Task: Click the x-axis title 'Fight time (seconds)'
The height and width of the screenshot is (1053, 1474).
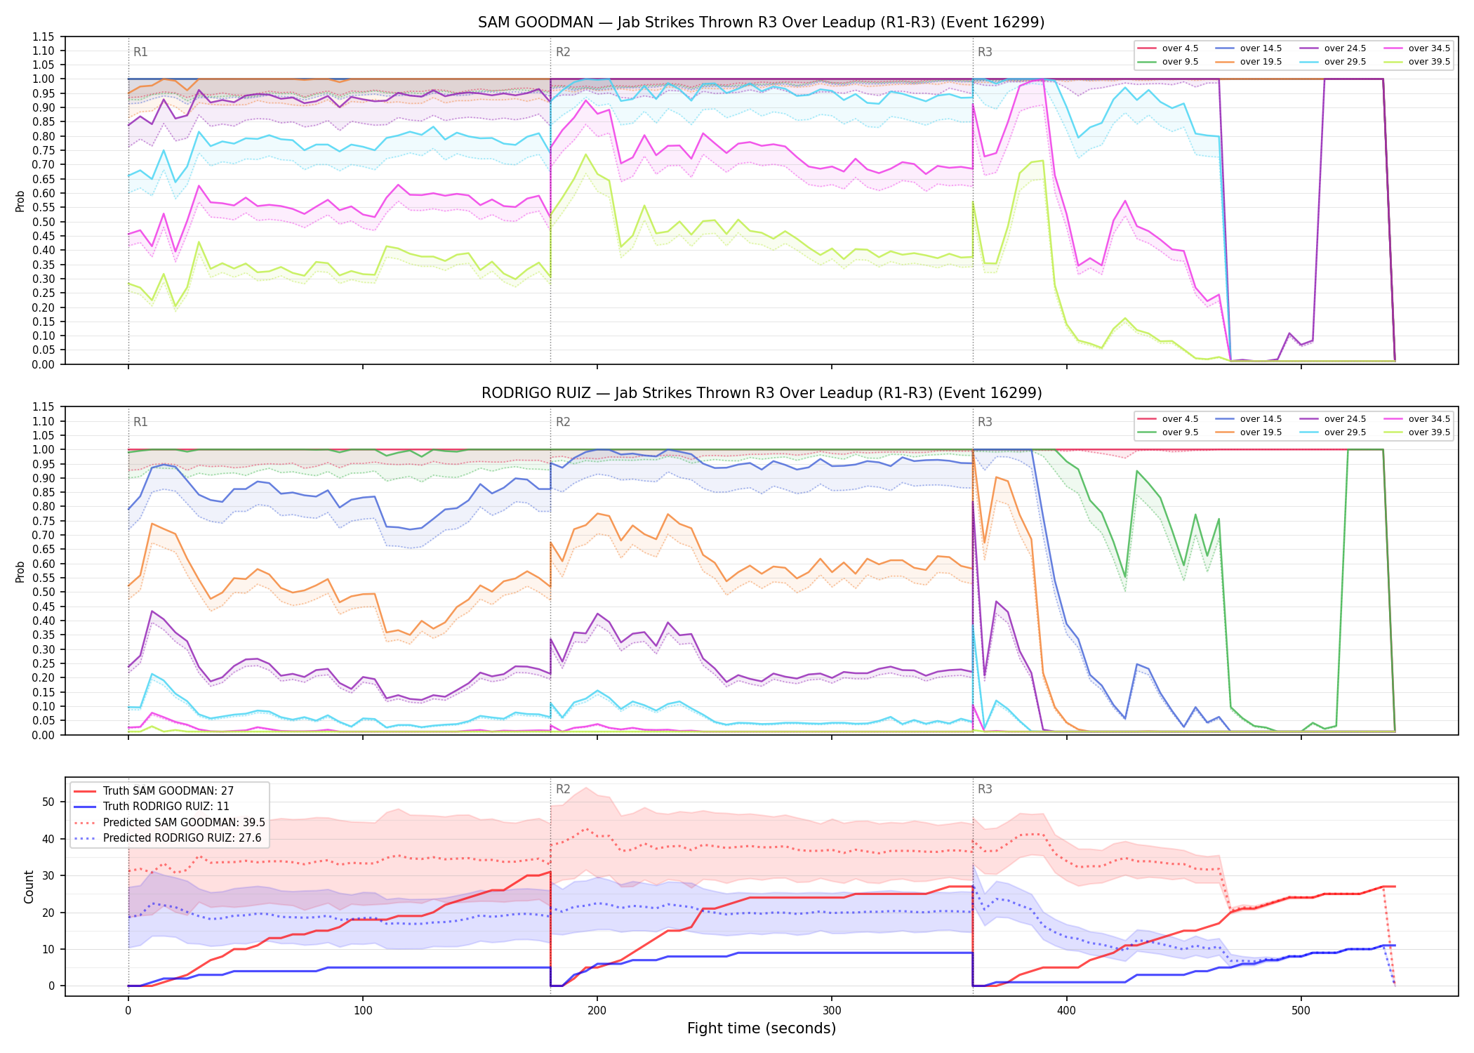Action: click(762, 1028)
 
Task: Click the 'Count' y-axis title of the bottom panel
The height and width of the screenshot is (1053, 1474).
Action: click(29, 887)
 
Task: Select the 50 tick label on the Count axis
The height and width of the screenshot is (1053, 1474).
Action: click(48, 802)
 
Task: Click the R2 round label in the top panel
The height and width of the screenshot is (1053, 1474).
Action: click(563, 52)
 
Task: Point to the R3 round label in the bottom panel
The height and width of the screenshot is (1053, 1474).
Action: click(985, 789)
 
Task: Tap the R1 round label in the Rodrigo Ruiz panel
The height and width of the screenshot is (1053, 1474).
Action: click(140, 422)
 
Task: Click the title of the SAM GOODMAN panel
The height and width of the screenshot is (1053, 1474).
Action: click(762, 22)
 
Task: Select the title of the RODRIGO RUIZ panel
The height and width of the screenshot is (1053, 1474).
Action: click(762, 393)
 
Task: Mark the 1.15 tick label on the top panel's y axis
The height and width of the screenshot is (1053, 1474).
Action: click(44, 37)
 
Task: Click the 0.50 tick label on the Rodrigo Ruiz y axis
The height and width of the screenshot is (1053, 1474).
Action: click(44, 592)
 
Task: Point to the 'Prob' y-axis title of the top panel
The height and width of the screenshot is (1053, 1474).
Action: click(20, 201)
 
